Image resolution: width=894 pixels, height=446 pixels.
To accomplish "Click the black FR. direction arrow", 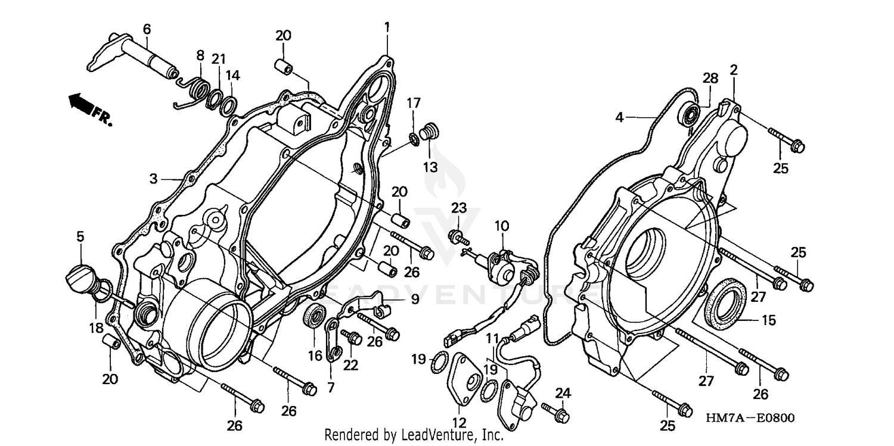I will (x=82, y=104).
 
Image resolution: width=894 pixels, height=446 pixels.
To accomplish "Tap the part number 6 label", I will (x=147, y=29).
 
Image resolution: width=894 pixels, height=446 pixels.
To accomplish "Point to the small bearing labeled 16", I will (x=313, y=314).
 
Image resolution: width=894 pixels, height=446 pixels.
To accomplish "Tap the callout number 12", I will (x=459, y=422).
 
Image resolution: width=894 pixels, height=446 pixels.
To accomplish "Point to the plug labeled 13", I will (x=427, y=132).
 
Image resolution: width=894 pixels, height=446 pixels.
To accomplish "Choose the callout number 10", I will (x=502, y=226).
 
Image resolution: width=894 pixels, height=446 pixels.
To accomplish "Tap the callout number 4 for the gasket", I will (x=620, y=118).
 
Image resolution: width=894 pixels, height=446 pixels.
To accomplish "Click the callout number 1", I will (x=387, y=27).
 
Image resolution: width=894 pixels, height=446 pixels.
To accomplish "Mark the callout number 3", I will (x=153, y=178).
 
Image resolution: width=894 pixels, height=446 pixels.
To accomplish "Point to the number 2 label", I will (x=734, y=70).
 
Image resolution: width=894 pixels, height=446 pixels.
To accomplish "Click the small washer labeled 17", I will (x=412, y=139).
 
